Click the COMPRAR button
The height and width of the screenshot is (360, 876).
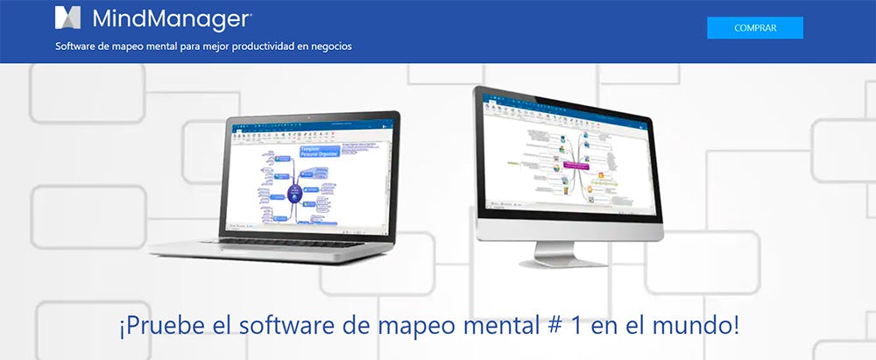(754, 28)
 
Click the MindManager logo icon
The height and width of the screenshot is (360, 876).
(67, 18)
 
